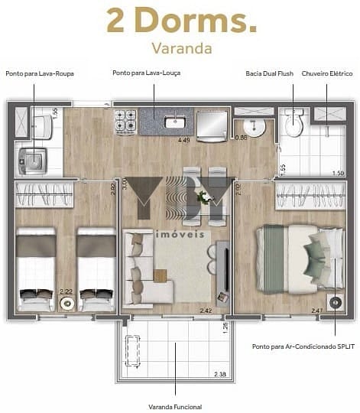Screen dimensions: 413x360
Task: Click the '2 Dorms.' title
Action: point(181,21)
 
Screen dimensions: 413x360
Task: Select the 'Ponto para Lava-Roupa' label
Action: point(39,73)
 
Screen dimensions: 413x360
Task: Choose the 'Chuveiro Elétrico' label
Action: point(326,73)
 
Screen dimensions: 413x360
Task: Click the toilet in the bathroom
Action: point(293,122)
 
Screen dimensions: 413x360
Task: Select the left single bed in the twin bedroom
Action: point(36,269)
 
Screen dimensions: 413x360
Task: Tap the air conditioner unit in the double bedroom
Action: point(334,302)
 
